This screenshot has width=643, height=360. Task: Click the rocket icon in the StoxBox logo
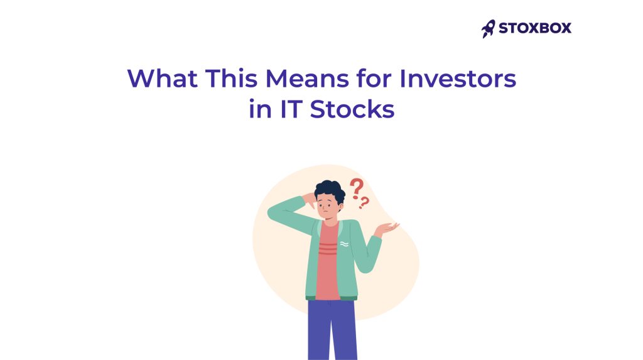pyautogui.click(x=489, y=28)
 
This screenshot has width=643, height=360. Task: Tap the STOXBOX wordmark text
pyautogui.click(x=535, y=28)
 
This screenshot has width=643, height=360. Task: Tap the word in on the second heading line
pyautogui.click(x=259, y=109)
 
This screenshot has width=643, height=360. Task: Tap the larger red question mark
pyautogui.click(x=357, y=187)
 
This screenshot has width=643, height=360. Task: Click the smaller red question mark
pyautogui.click(x=365, y=203)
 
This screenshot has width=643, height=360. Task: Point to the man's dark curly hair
pyautogui.click(x=330, y=188)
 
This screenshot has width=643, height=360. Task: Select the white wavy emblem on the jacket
pyautogui.click(x=344, y=243)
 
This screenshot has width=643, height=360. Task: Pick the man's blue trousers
pyautogui.click(x=332, y=330)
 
